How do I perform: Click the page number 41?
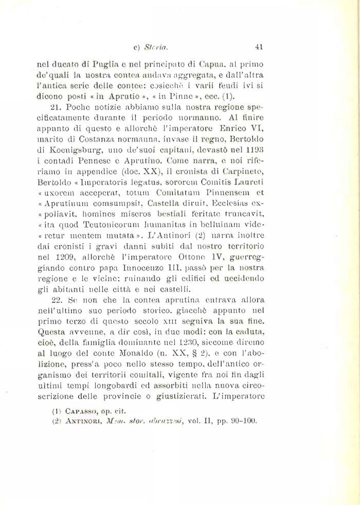(259, 46)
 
